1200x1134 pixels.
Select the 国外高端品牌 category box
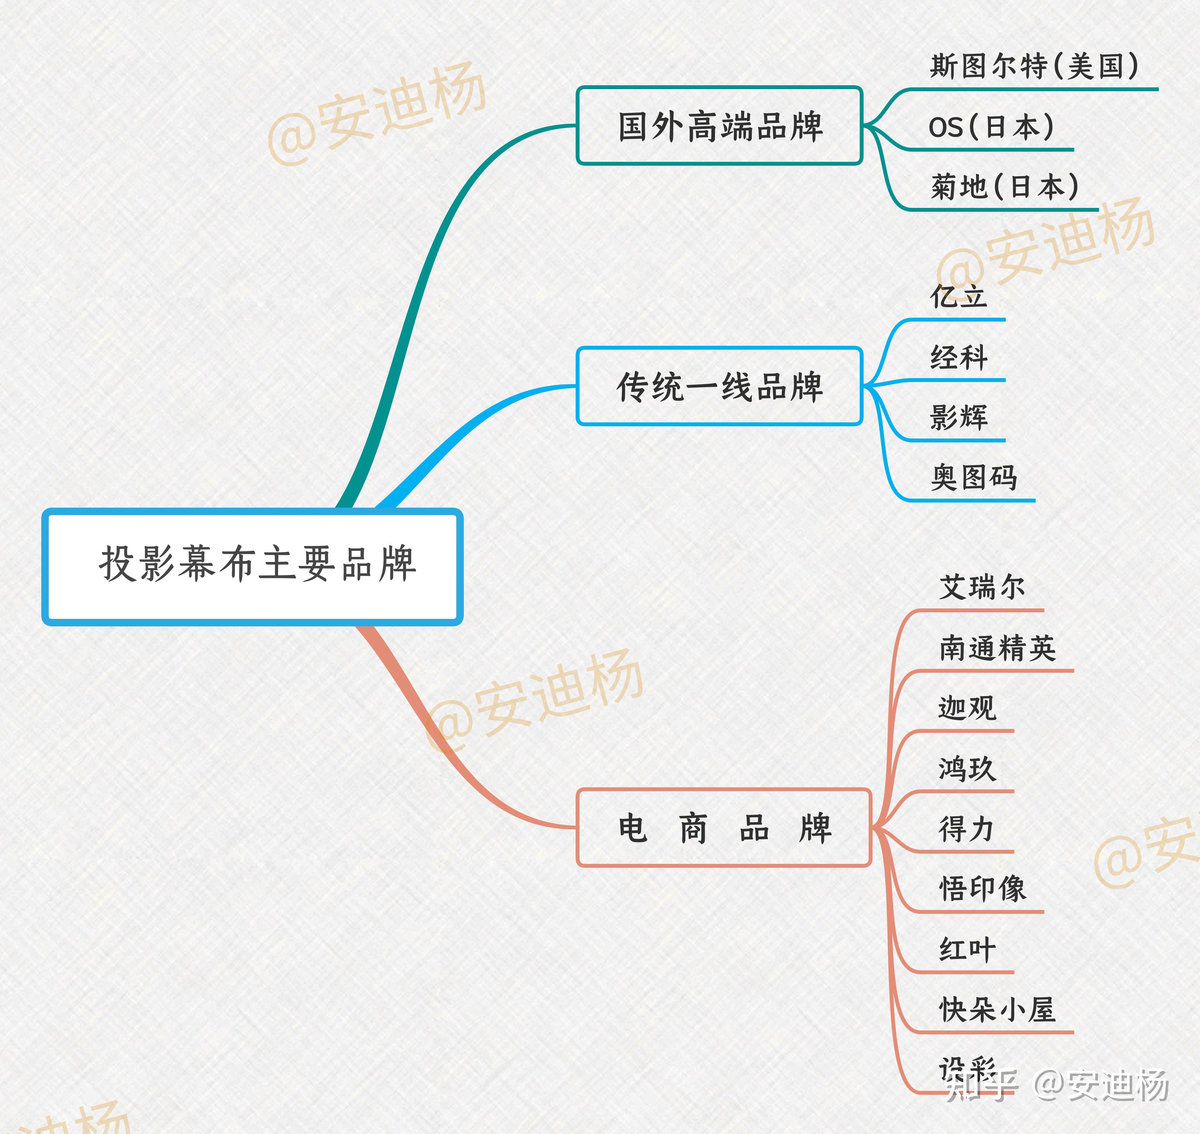click(719, 126)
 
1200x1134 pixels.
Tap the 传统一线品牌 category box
click(719, 386)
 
